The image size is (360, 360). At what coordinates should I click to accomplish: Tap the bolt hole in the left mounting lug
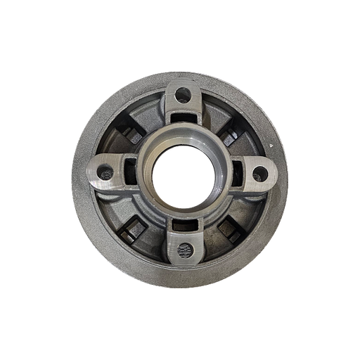[x=107, y=169]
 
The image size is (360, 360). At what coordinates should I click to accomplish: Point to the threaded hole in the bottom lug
[x=185, y=250]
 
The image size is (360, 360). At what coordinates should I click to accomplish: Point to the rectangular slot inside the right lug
[x=235, y=168]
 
